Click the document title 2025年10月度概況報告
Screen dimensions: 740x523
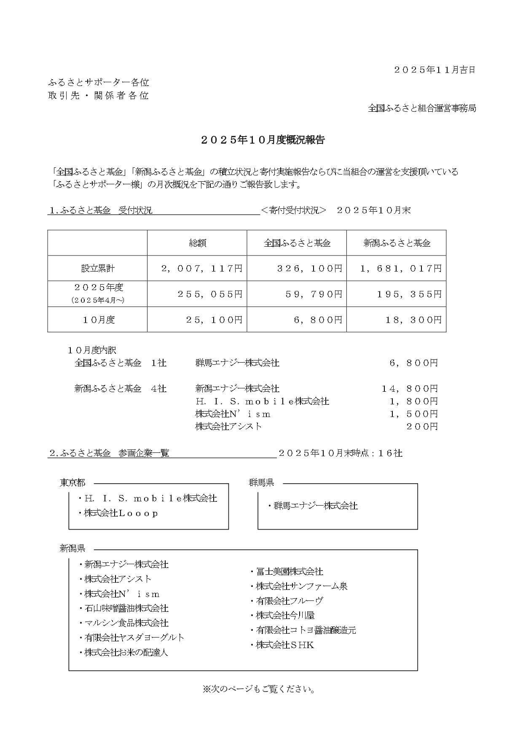tap(262, 140)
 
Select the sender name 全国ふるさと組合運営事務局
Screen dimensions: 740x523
tap(422, 108)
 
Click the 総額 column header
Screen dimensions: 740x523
tap(197, 243)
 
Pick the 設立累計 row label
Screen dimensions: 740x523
tap(98, 269)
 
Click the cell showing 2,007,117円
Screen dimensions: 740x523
tap(202, 269)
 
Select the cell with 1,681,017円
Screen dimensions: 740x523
tap(400, 269)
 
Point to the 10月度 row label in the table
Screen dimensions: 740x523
tap(98, 320)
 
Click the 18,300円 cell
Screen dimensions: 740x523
tap(413, 320)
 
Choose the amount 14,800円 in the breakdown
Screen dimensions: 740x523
tap(410, 388)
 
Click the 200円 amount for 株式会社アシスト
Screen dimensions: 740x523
tap(422, 426)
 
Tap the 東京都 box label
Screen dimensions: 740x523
tap(72, 483)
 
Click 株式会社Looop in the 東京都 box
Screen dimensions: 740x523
tap(121, 513)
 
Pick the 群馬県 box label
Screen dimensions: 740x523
tap(261, 483)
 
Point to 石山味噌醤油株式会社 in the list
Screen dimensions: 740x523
tap(126, 608)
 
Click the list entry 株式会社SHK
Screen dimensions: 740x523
tap(285, 645)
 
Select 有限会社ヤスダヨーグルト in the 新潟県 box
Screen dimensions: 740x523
tap(134, 638)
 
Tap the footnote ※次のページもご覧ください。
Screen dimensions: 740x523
tap(259, 689)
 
